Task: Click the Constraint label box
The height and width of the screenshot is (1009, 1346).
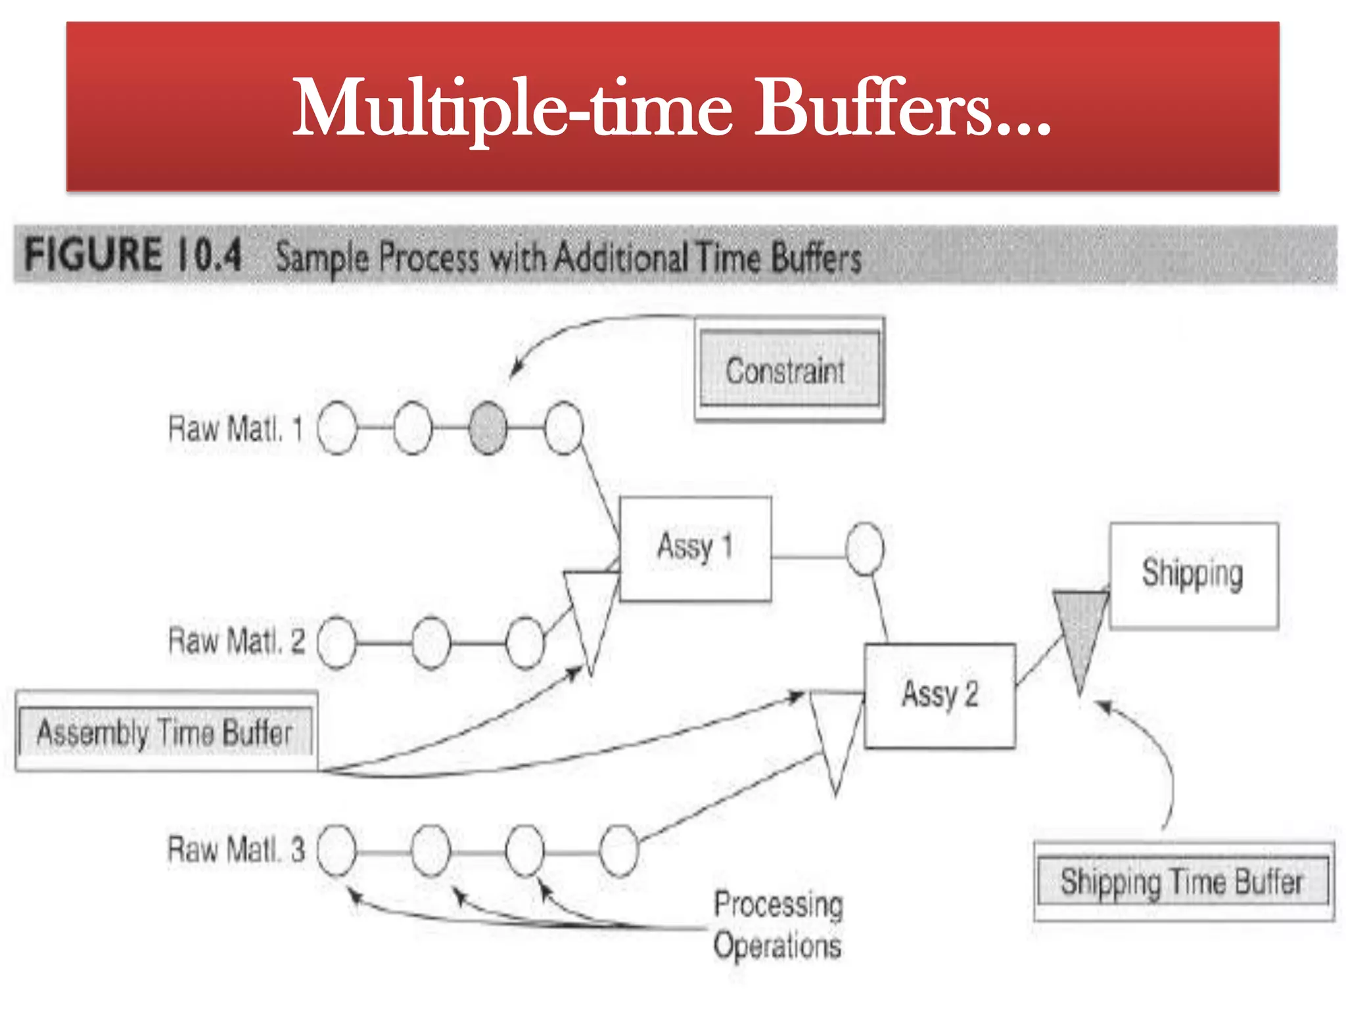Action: pyautogui.click(x=789, y=370)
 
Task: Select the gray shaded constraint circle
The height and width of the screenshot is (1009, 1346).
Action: pyautogui.click(x=488, y=428)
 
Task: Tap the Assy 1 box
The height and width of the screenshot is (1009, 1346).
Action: pyautogui.click(x=695, y=549)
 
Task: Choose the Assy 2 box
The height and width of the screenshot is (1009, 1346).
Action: pyautogui.click(x=939, y=695)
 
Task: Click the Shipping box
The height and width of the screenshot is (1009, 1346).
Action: pyautogui.click(x=1194, y=575)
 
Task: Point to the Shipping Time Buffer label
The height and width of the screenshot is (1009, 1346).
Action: pyautogui.click(x=1182, y=882)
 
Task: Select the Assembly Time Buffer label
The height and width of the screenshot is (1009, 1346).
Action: pyautogui.click(x=165, y=731)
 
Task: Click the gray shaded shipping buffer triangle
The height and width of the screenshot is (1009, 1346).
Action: pyautogui.click(x=1079, y=630)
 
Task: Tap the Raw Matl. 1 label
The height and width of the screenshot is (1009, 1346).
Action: pyautogui.click(x=235, y=429)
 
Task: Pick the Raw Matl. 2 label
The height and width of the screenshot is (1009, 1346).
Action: pyautogui.click(x=236, y=640)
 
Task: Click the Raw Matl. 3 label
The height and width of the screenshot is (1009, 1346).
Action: pyautogui.click(x=236, y=849)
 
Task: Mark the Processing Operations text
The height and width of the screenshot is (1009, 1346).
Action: pyautogui.click(x=778, y=925)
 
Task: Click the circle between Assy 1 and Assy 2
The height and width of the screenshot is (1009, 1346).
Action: pyautogui.click(x=864, y=549)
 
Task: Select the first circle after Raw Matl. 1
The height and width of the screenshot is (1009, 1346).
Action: pyautogui.click(x=337, y=428)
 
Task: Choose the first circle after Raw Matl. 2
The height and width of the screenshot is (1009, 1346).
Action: pyautogui.click(x=337, y=642)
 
